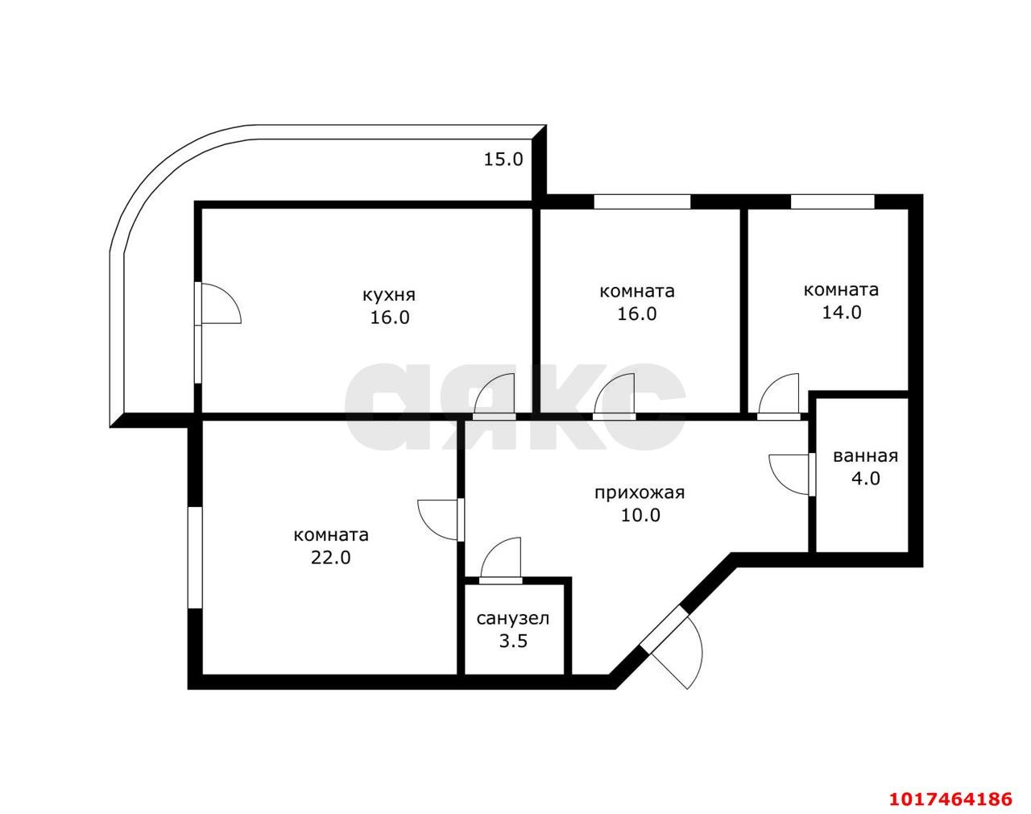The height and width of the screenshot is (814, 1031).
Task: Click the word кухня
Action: [x=388, y=295]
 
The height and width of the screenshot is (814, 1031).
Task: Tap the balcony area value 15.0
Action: [x=503, y=159]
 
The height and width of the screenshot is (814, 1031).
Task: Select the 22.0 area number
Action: [x=330, y=558]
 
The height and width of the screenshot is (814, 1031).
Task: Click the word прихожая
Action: [x=640, y=493]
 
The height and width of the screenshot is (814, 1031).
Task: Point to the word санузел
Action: [x=512, y=618]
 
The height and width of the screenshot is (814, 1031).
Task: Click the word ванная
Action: [x=865, y=456]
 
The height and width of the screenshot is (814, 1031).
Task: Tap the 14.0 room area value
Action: [x=842, y=313]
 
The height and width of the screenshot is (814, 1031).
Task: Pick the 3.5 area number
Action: [x=513, y=641]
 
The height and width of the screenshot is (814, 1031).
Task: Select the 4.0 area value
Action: [x=866, y=479]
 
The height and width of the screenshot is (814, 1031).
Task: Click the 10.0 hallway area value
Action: [x=640, y=515]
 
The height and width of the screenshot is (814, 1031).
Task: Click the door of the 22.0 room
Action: [x=438, y=520]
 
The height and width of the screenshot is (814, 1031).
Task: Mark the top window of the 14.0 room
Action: [x=833, y=201]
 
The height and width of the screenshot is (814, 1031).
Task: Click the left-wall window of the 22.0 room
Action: [x=194, y=558]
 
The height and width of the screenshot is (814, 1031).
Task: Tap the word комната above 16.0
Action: [x=636, y=291]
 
